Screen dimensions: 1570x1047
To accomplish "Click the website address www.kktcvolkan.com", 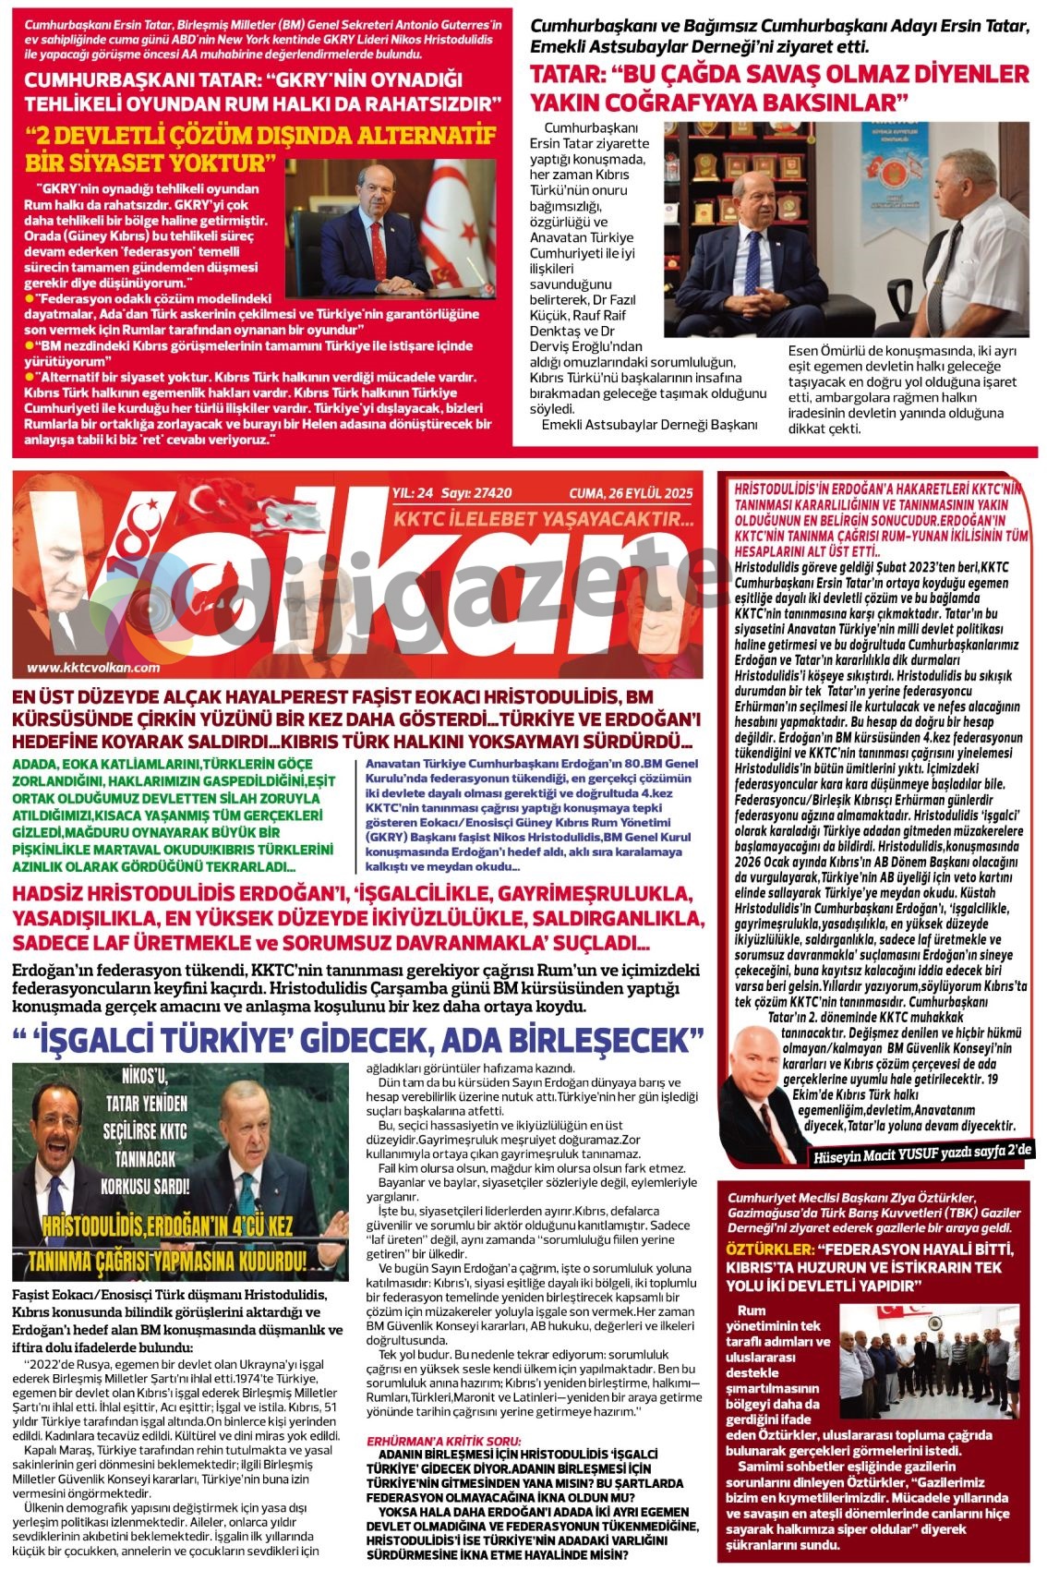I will pos(93,668).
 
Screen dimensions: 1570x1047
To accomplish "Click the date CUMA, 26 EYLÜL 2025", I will pos(631,494).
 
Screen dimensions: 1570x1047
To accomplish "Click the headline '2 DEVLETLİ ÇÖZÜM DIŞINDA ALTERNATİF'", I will pos(260,137).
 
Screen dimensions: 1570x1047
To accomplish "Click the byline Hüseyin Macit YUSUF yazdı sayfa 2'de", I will pos(923,1150).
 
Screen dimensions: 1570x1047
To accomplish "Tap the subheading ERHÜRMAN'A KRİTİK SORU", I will pos(444,1441).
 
